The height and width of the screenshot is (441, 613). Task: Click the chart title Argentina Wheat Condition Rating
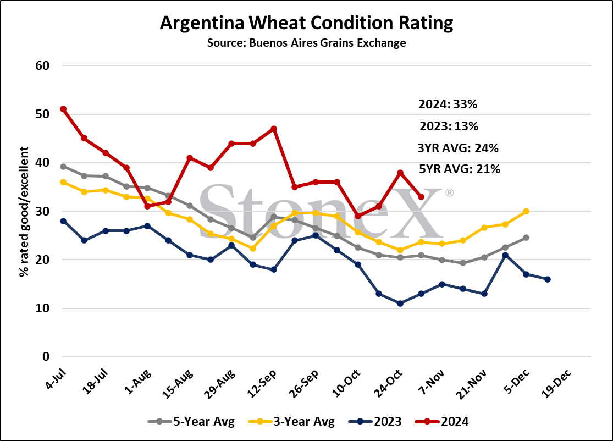tap(307, 23)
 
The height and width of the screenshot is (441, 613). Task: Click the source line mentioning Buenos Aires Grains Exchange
tap(307, 42)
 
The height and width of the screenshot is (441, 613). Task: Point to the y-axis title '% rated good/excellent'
tap(24, 212)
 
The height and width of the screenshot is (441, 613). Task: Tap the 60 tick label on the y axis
tap(42, 65)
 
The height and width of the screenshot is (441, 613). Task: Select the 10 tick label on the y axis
tap(42, 308)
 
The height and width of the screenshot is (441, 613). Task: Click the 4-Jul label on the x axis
tap(56, 379)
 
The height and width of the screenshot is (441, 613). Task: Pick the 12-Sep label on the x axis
tap(262, 383)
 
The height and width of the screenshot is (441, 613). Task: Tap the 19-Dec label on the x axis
tap(557, 383)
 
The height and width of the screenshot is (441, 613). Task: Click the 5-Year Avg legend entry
tap(191, 421)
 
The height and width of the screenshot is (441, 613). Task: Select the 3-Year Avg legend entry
tap(291, 421)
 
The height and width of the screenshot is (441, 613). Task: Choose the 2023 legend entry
tap(375, 421)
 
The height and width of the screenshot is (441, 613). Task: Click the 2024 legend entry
tap(442, 421)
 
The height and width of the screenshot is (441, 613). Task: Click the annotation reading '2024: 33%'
tap(448, 104)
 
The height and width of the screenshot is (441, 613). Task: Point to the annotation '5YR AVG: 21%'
tap(460, 169)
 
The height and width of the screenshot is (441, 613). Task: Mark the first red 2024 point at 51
tap(63, 109)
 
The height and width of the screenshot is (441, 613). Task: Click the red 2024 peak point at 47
tap(274, 129)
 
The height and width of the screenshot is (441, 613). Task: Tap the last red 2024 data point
tap(421, 197)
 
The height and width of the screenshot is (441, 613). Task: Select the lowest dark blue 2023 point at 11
tap(400, 304)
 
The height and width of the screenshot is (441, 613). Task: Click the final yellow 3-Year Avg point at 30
tap(526, 211)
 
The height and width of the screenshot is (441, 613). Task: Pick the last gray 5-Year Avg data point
tap(526, 238)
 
